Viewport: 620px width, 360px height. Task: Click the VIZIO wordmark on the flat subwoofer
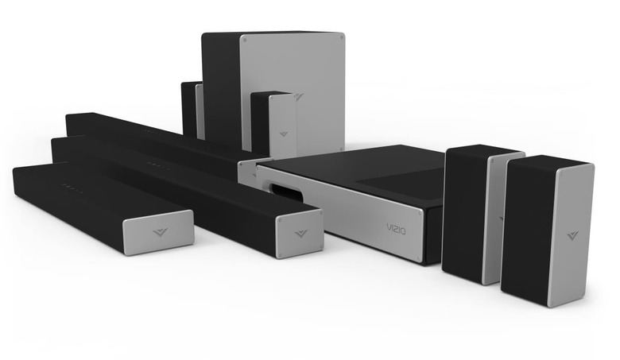coord(395,228)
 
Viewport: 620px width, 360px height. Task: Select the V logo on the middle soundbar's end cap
coord(302,234)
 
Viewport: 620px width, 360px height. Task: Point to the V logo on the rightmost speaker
coord(572,235)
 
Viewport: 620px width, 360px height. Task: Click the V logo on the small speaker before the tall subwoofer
coord(284,134)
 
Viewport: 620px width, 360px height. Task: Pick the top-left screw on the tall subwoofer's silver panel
coord(245,40)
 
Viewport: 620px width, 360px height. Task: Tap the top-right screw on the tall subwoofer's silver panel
coord(340,38)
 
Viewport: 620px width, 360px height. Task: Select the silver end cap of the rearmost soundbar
coord(249,173)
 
